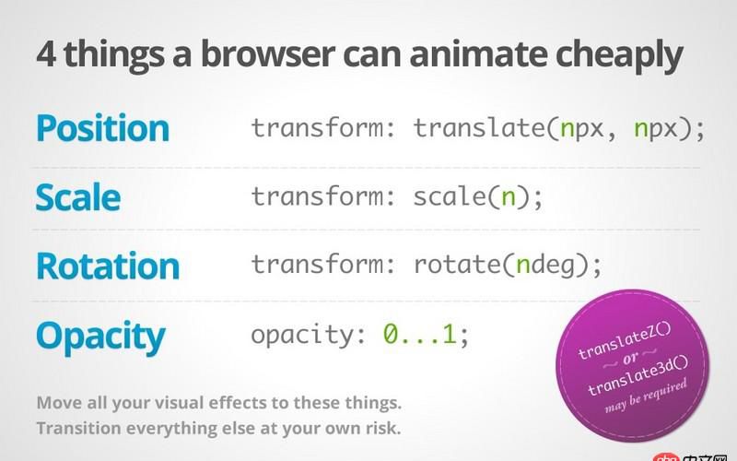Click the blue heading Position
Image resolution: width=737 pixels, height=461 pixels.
point(102,128)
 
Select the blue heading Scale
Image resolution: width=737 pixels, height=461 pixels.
point(77,197)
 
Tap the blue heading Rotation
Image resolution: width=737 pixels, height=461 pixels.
point(107,266)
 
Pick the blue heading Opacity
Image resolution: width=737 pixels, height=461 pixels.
point(100,336)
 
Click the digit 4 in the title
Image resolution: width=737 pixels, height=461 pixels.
point(46,55)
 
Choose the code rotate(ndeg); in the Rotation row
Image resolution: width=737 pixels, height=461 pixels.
point(508,266)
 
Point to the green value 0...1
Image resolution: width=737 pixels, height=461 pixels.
point(420,335)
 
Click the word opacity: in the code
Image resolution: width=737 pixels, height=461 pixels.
point(308,335)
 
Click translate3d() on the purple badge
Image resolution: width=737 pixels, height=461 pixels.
point(638,378)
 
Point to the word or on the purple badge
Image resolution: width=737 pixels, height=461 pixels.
point(629,360)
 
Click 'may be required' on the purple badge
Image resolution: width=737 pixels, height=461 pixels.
point(646,396)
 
